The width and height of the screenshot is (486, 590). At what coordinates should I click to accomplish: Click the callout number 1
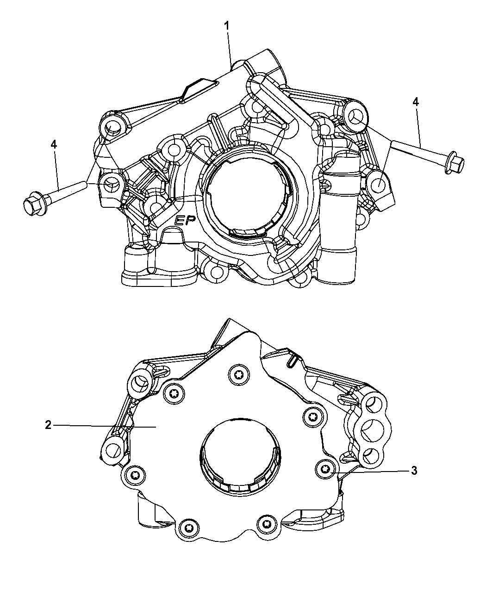tap(226, 26)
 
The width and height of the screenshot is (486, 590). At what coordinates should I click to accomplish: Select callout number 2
tap(48, 425)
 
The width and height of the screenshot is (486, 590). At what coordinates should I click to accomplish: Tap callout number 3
tap(414, 471)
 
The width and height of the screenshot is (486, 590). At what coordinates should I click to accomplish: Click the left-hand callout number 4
tap(54, 145)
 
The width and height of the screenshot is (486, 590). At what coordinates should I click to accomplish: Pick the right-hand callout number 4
tap(415, 102)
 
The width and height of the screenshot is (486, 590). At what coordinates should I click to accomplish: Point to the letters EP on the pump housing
tap(185, 220)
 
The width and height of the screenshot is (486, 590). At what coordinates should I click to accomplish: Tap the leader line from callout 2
tap(105, 426)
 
